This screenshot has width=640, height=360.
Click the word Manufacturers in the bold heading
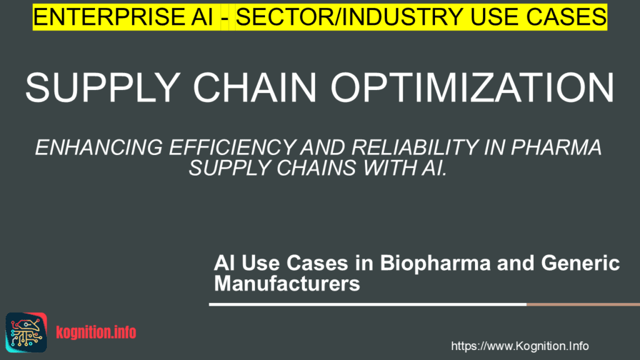point(287,284)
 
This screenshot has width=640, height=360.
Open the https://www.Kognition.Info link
point(520,346)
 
